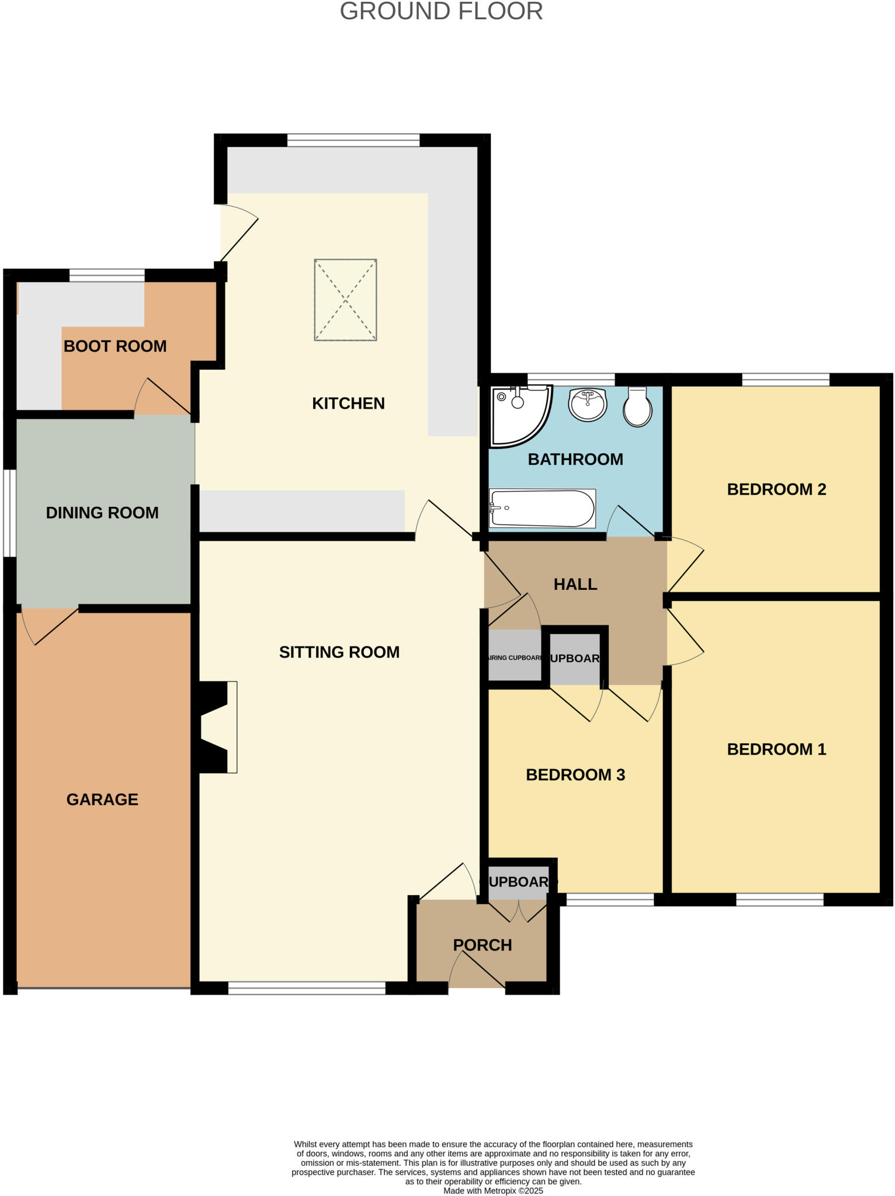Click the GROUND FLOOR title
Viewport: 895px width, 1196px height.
[x=441, y=12]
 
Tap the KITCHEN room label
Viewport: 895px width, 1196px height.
[x=348, y=404]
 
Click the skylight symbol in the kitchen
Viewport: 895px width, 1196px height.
[x=345, y=300]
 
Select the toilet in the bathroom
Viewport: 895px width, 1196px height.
[x=637, y=407]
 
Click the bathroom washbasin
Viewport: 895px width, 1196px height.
[x=588, y=404]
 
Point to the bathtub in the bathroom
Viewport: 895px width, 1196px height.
[x=542, y=508]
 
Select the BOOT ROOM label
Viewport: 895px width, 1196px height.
[x=115, y=346]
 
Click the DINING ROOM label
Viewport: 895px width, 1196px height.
[x=102, y=513]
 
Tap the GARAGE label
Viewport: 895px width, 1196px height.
[x=102, y=799]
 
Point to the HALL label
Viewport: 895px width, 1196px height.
[x=575, y=585]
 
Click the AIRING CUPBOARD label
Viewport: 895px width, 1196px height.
[x=515, y=658]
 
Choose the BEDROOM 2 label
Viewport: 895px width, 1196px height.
[x=776, y=489]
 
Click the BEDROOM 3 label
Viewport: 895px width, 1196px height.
[x=575, y=775]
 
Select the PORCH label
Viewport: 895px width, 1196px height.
[x=483, y=945]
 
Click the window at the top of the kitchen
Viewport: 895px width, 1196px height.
[x=353, y=140]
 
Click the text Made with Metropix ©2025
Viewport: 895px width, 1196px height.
[x=493, y=1191]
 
